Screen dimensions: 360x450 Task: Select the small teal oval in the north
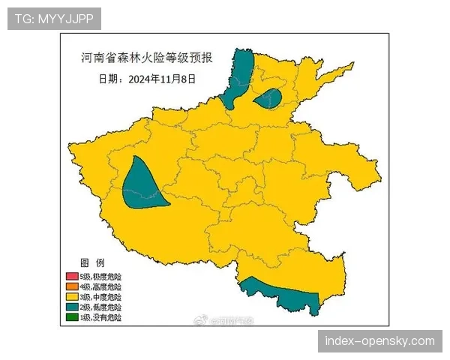(x=268, y=98)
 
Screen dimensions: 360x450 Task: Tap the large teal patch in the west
(x=142, y=184)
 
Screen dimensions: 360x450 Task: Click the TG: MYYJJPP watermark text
(x=53, y=19)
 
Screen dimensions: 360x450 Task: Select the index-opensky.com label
(x=379, y=342)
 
